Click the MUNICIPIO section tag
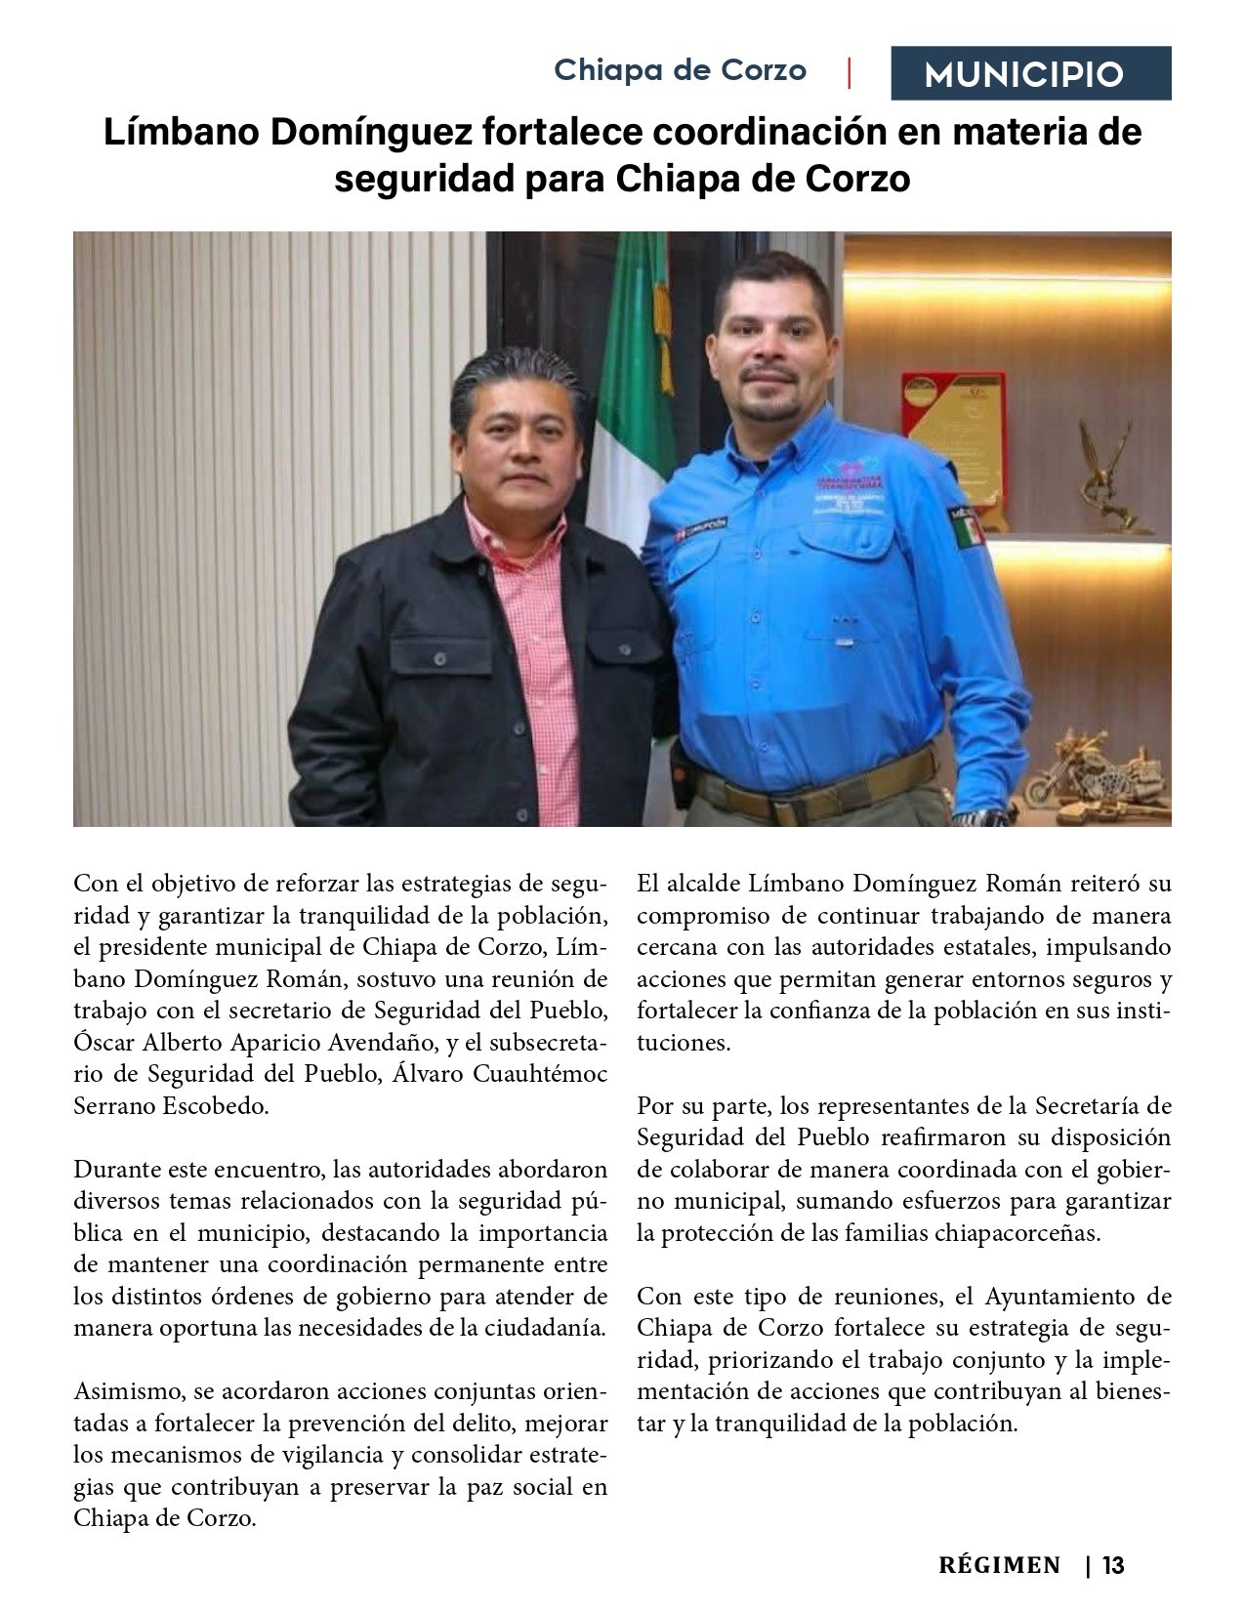(1030, 73)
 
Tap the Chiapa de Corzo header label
(680, 70)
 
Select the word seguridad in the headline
(422, 179)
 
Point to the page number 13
(1113, 1565)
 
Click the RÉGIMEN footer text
(999, 1565)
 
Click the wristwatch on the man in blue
(972, 818)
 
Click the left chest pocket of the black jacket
(439, 664)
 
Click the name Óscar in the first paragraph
(104, 1042)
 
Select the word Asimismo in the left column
(121, 1391)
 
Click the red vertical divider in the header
(849, 73)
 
